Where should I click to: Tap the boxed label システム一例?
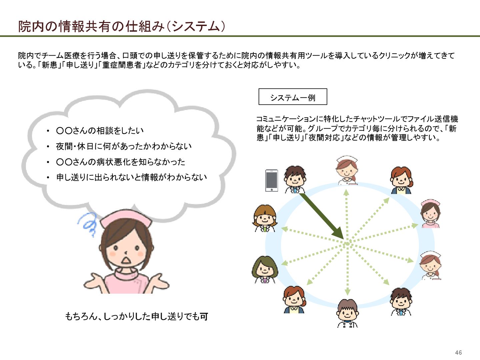[293, 97]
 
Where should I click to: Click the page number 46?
[458, 352]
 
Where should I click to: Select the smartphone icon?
[271, 181]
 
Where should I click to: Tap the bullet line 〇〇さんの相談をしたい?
[100, 131]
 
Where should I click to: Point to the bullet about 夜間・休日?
[124, 146]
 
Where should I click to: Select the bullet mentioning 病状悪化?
[120, 162]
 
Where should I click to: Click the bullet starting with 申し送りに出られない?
[131, 177]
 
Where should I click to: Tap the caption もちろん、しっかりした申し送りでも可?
[136, 316]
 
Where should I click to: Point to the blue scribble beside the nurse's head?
[88, 223]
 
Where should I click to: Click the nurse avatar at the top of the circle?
[347, 170]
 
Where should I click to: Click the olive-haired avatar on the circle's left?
[265, 269]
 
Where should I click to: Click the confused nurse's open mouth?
[126, 259]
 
